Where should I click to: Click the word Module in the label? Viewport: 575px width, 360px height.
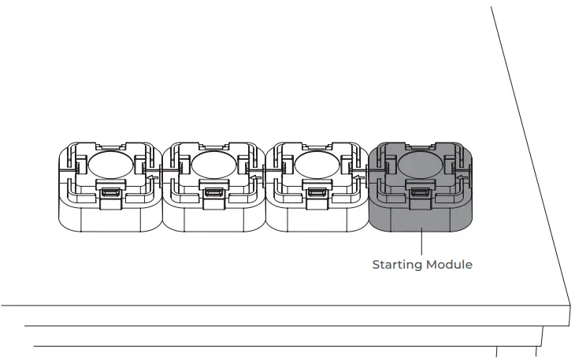click(x=450, y=265)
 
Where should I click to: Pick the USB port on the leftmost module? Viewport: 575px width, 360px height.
click(x=110, y=193)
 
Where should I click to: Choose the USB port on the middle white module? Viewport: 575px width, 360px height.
click(x=213, y=193)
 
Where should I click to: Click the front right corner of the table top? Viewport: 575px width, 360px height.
click(x=569, y=303)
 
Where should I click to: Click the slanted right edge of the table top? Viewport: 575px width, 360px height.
click(x=536, y=158)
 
